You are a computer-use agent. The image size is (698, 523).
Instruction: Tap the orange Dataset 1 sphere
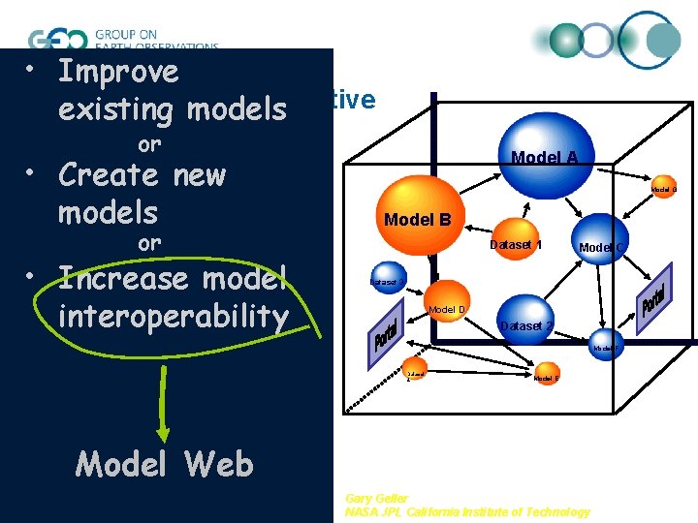tap(514, 247)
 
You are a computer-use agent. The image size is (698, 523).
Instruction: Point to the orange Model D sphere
tap(446, 308)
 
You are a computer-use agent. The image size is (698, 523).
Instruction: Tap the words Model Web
tap(164, 465)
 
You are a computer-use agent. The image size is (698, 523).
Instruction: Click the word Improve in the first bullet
tap(118, 72)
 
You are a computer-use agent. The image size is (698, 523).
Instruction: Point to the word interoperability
tap(173, 316)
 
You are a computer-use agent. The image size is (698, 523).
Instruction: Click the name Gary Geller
tap(376, 498)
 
